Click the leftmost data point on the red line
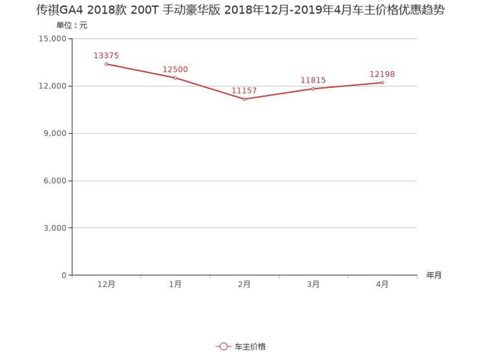[106, 64]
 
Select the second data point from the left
[175, 78]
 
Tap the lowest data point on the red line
[244, 100]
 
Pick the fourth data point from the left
[314, 88]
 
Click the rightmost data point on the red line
[383, 82]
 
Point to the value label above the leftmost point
[107, 56]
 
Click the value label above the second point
[176, 69]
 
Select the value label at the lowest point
[245, 91]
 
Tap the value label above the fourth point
[314, 79]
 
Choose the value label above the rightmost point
[382, 74]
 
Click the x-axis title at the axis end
[434, 275]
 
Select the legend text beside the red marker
[250, 347]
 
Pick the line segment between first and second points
[140, 70]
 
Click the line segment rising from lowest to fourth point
[279, 94]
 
